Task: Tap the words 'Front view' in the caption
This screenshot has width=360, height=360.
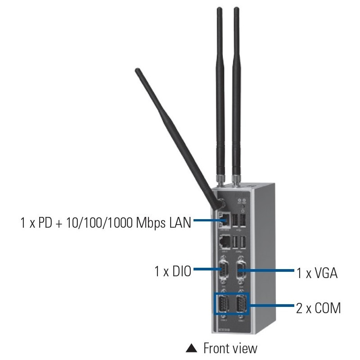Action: (230, 348)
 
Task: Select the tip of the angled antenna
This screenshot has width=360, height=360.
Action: (137, 71)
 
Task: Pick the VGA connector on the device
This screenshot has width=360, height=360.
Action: (241, 271)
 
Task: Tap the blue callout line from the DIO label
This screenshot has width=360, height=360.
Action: (205, 270)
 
